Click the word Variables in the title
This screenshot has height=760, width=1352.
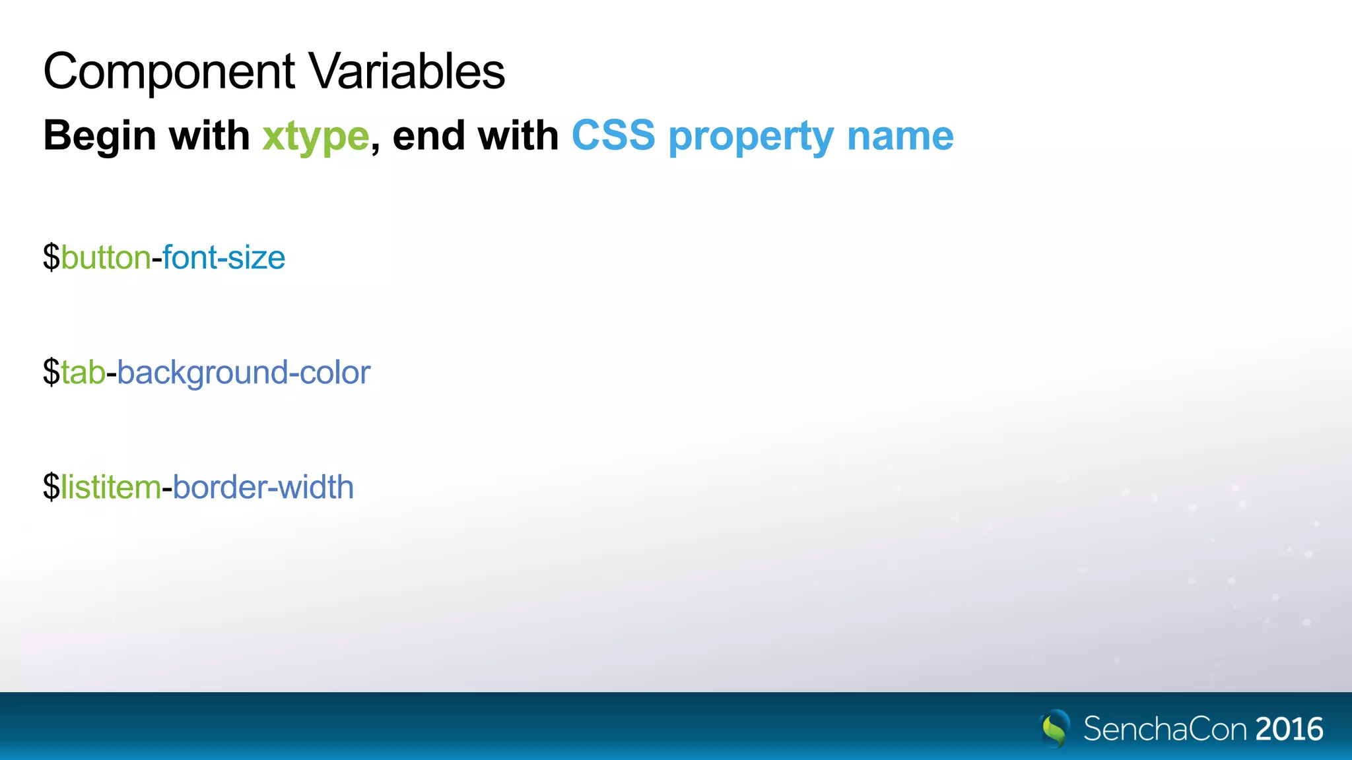407,71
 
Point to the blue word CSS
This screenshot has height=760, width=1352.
613,136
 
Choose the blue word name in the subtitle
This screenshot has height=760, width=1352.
900,136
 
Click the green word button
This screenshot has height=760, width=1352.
106,257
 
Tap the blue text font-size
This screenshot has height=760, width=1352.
224,257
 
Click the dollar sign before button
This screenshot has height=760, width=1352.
51,257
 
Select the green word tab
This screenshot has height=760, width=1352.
83,373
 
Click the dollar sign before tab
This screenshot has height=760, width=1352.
51,373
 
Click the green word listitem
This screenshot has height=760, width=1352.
111,488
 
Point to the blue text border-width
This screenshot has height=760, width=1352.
263,488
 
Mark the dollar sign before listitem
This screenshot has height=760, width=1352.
51,488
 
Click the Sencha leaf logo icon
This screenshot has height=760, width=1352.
1055,728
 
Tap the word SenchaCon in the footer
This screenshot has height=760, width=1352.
1165,729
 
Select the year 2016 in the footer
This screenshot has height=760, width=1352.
1289,729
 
